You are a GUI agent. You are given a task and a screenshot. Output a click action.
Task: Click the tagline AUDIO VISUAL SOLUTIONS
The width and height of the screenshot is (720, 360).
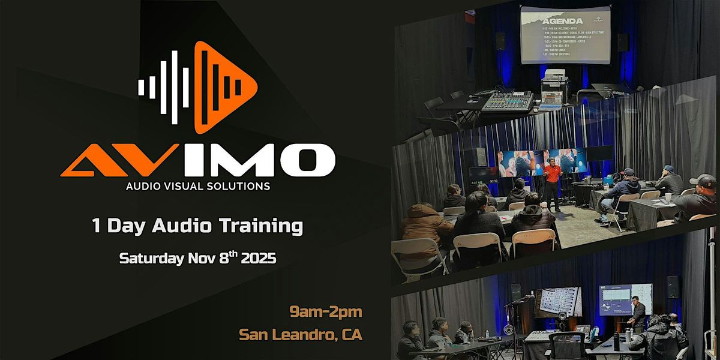tap(197, 186)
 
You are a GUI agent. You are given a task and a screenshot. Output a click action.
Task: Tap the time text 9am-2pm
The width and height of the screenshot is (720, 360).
tap(326, 312)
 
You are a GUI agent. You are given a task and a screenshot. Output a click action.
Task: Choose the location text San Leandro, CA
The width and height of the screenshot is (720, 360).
tap(301, 334)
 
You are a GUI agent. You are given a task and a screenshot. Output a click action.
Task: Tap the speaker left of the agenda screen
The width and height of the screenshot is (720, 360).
tap(500, 41)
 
